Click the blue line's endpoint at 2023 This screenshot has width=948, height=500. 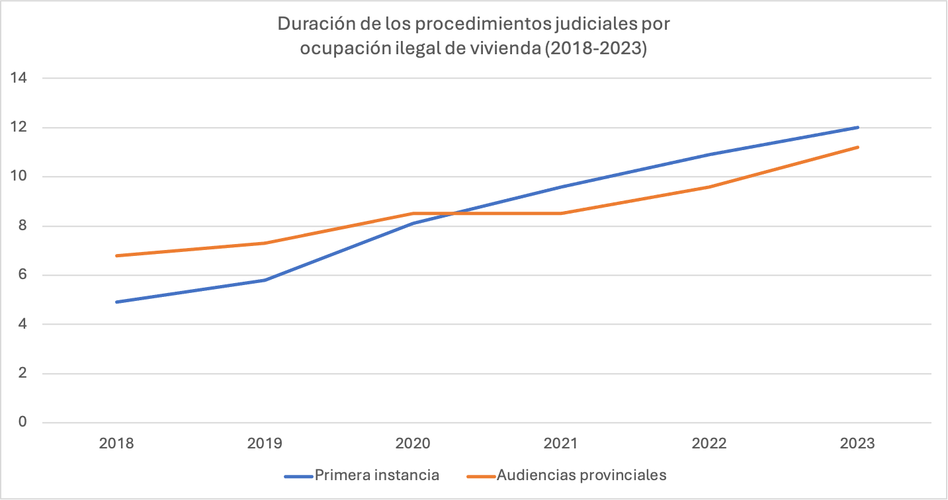point(858,127)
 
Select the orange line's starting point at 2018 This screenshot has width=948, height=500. point(116,255)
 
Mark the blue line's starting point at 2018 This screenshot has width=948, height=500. point(116,302)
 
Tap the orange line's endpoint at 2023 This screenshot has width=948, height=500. point(858,147)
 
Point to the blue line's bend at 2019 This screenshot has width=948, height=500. point(265,280)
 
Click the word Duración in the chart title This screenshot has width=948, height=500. point(312,24)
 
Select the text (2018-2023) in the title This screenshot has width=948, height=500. point(595,49)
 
